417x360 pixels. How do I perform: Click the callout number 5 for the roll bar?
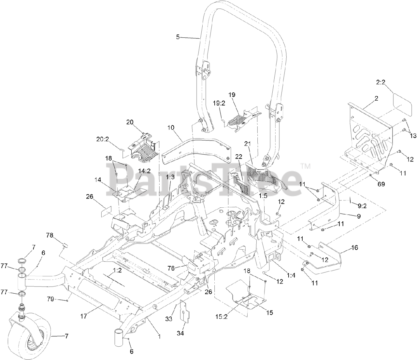click(178, 37)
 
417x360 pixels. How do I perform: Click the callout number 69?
click(381, 184)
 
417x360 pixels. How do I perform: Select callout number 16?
click(354, 248)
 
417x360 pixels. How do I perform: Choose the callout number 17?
click(84, 316)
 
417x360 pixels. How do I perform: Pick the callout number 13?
click(413, 136)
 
